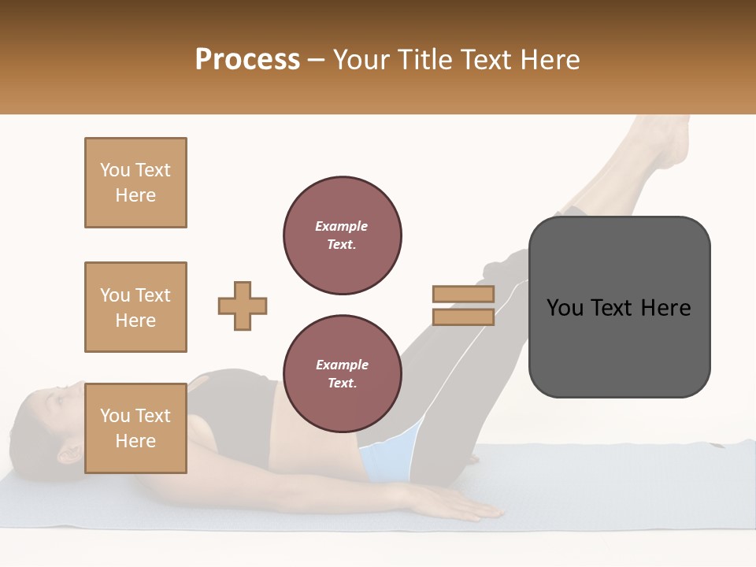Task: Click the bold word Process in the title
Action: tap(247, 60)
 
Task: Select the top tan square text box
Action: tap(135, 183)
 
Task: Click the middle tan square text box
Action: tap(135, 307)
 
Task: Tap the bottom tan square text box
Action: tap(135, 428)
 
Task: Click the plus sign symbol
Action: tap(243, 306)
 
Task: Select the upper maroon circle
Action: tap(342, 235)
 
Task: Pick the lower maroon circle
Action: tap(342, 374)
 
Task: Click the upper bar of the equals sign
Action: tap(463, 295)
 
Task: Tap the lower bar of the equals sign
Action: tap(463, 317)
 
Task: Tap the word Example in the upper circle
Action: tap(341, 226)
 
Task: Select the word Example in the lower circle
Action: tap(342, 365)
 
